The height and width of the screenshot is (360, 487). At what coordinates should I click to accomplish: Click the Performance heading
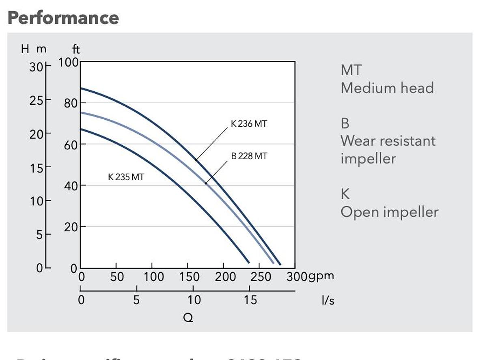click(x=63, y=18)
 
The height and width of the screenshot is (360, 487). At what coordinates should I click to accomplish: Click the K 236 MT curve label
click(x=249, y=124)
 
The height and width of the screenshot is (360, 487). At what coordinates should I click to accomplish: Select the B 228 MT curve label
click(x=249, y=156)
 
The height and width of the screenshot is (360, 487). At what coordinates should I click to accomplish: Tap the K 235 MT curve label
click(x=126, y=177)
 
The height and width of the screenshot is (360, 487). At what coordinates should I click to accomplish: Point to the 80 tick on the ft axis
click(x=71, y=103)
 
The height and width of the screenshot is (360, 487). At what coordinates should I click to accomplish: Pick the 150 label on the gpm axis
click(x=189, y=277)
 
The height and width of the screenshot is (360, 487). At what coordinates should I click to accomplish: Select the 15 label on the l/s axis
click(x=250, y=300)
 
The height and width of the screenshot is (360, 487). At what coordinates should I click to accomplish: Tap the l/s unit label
click(x=328, y=301)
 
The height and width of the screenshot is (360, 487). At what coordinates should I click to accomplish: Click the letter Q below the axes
click(x=188, y=318)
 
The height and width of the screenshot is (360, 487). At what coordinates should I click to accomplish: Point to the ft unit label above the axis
click(x=76, y=50)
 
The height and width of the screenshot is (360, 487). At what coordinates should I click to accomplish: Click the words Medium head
click(x=387, y=88)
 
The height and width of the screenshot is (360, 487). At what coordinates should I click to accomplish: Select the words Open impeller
click(x=389, y=212)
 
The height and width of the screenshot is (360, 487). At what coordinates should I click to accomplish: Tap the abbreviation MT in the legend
click(x=351, y=70)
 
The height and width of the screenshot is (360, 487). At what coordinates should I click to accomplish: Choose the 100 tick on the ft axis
click(x=69, y=63)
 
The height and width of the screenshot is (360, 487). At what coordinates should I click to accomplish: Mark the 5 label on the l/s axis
click(x=136, y=300)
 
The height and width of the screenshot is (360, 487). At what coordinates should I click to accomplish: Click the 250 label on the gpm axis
click(x=260, y=277)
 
